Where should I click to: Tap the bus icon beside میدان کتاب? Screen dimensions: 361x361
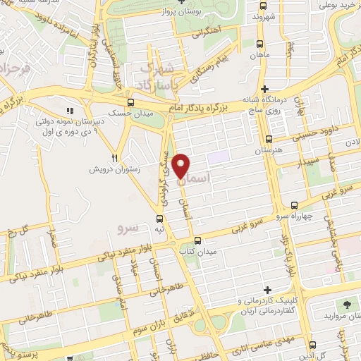197,240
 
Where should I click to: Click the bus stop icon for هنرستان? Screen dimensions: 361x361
268,139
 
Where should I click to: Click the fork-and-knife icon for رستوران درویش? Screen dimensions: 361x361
114,158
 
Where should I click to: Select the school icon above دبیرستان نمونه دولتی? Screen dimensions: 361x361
69,111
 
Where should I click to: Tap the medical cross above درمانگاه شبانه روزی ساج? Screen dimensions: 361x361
264,90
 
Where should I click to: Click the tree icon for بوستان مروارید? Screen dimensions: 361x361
347,305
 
